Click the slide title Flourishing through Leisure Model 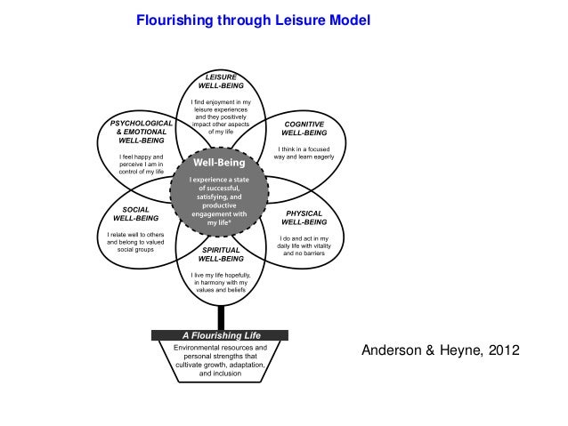[x=252, y=20]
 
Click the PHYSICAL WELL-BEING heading [x=304, y=219]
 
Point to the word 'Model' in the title [x=347, y=20]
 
